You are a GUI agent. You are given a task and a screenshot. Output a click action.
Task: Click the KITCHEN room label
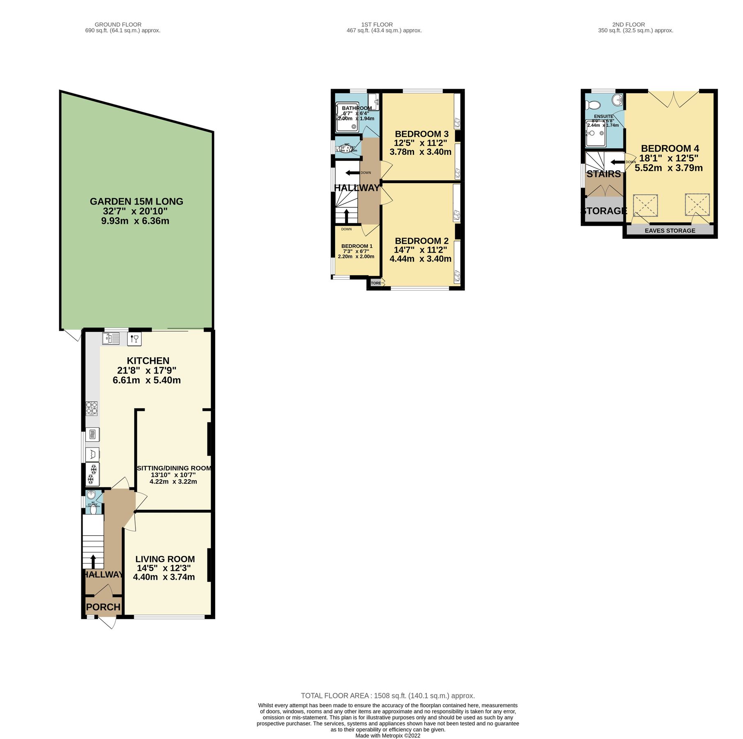pyautogui.click(x=148, y=361)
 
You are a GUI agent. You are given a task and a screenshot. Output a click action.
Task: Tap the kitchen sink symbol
pyautogui.click(x=110, y=338)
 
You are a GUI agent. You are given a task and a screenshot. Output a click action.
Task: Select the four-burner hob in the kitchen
pyautogui.click(x=92, y=409)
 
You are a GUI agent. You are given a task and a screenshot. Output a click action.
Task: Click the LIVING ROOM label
pyautogui.click(x=165, y=559)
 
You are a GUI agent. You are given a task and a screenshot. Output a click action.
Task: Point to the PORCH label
pyautogui.click(x=103, y=607)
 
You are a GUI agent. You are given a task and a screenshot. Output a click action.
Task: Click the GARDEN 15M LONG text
pyautogui.click(x=136, y=202)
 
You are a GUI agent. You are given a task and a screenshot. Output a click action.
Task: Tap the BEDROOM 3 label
pyautogui.click(x=421, y=134)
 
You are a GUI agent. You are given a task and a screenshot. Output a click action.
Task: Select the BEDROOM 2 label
pyautogui.click(x=421, y=241)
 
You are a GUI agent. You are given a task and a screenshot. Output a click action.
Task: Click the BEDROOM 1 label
pyautogui.click(x=357, y=246)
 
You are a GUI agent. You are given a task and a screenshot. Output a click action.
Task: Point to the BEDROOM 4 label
pyautogui.click(x=669, y=149)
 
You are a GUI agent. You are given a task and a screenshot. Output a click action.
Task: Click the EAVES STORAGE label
pyautogui.click(x=669, y=231)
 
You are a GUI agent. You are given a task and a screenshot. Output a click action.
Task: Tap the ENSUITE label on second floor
pyautogui.click(x=603, y=117)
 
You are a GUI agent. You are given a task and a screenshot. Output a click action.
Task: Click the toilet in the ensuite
pyautogui.click(x=593, y=105)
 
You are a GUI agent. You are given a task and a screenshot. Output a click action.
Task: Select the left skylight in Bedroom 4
pyautogui.click(x=645, y=205)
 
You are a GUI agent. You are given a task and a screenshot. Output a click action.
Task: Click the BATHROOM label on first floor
pyautogui.click(x=357, y=108)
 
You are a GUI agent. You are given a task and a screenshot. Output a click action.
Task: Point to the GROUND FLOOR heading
pyautogui.click(x=118, y=25)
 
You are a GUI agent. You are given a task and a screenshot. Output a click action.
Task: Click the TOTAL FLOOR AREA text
pyautogui.click(x=387, y=696)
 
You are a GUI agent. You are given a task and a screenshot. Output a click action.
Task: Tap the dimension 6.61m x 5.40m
pyautogui.click(x=147, y=380)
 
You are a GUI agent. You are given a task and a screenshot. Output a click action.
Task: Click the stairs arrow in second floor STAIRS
pyautogui.click(x=617, y=162)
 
